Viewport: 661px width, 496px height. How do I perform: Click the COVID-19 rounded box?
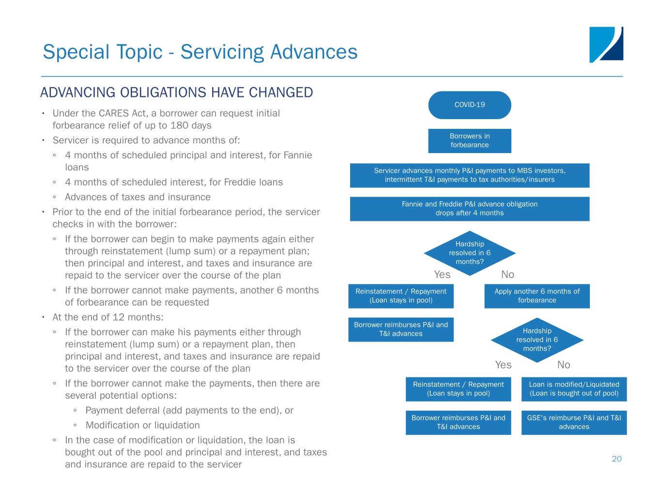(469, 105)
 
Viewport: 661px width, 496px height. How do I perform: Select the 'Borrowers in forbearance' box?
(469, 140)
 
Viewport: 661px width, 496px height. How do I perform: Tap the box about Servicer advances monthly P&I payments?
(469, 175)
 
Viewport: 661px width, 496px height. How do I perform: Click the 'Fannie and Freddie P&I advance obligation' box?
(469, 209)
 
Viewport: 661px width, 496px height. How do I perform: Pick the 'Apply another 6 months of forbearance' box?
(537, 296)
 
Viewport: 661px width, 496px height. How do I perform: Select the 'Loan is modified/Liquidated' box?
(574, 389)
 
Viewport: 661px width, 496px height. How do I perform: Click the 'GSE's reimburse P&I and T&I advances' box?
(574, 422)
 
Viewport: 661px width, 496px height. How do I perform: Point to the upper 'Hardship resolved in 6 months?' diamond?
(469, 253)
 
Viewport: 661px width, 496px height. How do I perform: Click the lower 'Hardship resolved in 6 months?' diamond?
(537, 340)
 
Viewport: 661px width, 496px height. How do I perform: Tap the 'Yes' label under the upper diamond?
(442, 275)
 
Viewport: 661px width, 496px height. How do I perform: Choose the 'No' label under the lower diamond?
(564, 365)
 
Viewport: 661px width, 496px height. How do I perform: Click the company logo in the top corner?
(606, 45)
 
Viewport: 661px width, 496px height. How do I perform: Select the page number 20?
(616, 459)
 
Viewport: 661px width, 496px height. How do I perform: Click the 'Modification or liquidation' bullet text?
(142, 425)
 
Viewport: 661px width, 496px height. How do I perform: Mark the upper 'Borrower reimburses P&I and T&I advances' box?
(401, 329)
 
